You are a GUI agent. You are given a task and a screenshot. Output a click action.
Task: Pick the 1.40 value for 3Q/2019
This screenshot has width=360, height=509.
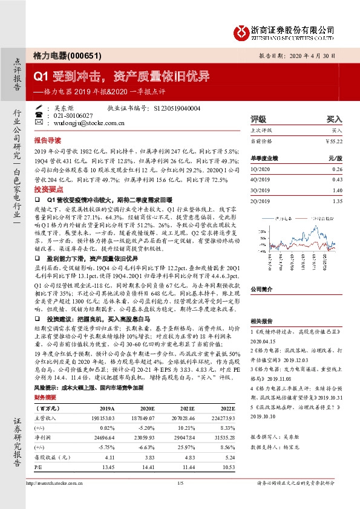pyautogui.click(x=336, y=190)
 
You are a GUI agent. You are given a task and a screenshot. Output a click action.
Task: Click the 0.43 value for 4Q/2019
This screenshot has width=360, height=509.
pyautogui.click(x=336, y=180)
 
